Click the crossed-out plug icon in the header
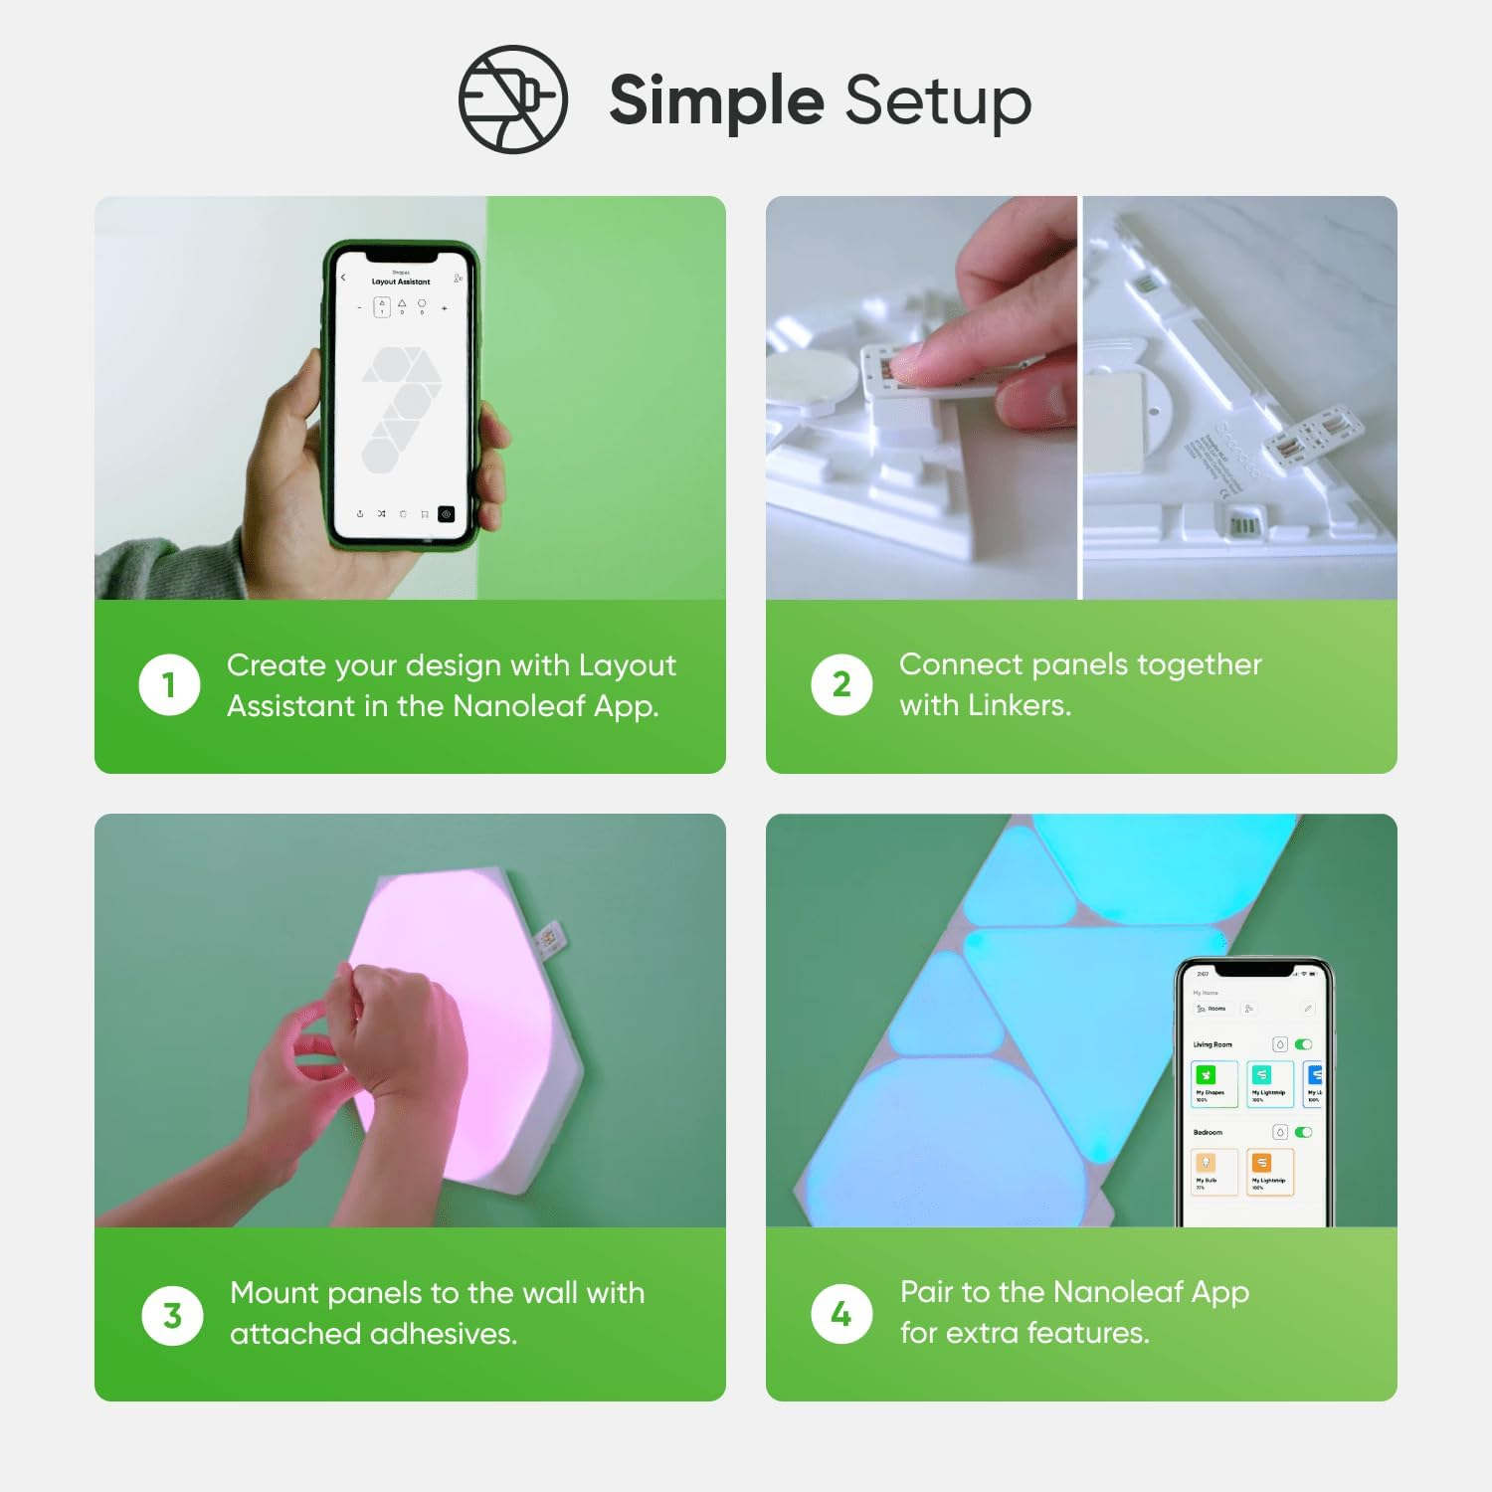coord(512,99)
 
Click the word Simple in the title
coord(716,101)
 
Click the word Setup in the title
coord(938,101)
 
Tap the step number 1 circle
coord(169,684)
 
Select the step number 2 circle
coord(841,684)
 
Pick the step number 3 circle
coord(172,1315)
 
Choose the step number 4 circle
coord(841,1314)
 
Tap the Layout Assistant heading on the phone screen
coord(401,281)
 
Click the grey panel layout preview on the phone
coord(401,408)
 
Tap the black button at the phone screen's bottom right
coord(446,514)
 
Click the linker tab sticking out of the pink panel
coord(546,940)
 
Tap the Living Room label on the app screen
coord(1212,1044)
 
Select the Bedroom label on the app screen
coord(1208,1132)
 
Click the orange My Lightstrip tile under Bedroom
coord(1269,1171)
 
